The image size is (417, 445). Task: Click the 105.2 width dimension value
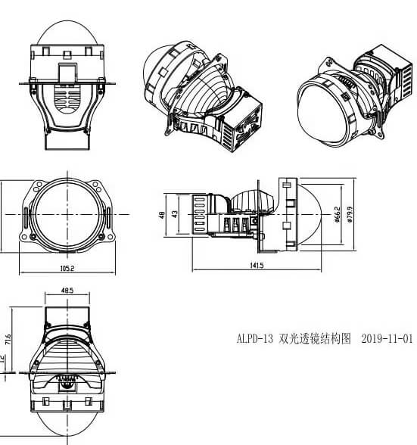coord(67,268)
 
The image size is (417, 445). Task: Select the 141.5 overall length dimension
coord(256,266)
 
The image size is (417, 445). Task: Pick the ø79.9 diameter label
coord(349,215)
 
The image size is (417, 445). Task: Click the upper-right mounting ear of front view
coord(97,186)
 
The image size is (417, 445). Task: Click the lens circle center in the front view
coord(67,214)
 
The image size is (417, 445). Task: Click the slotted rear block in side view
coord(200,215)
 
